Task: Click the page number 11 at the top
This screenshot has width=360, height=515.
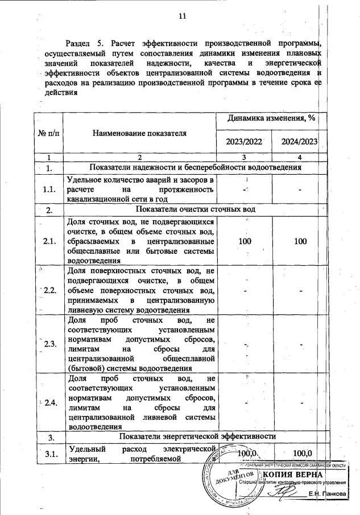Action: point(182,17)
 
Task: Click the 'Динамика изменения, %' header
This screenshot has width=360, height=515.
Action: point(271,118)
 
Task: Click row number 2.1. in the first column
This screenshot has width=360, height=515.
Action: point(49,241)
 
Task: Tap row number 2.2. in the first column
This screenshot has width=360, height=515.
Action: point(49,290)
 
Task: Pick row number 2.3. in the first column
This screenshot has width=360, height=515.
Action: point(49,344)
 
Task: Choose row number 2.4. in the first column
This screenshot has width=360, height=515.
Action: point(49,402)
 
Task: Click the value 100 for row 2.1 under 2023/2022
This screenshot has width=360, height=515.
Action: point(245,241)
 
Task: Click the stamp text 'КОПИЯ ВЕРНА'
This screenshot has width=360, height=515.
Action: point(292,475)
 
